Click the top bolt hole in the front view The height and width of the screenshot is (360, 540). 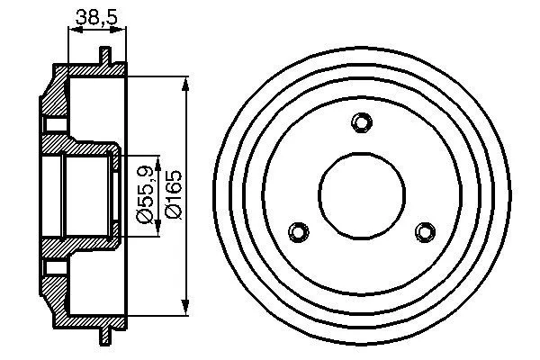tap(362, 122)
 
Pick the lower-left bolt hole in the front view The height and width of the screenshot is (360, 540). tap(301, 231)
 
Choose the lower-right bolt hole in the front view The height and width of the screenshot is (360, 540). tap(424, 231)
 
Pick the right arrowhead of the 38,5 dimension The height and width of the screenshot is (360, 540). tap(123, 30)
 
